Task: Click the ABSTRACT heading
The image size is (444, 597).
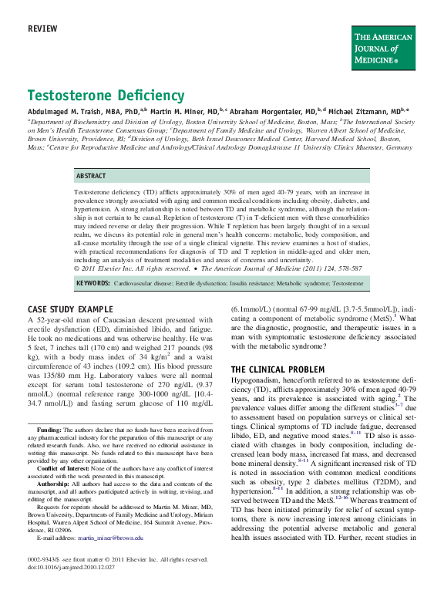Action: (x=91, y=175)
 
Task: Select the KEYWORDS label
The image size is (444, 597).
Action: (x=93, y=283)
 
